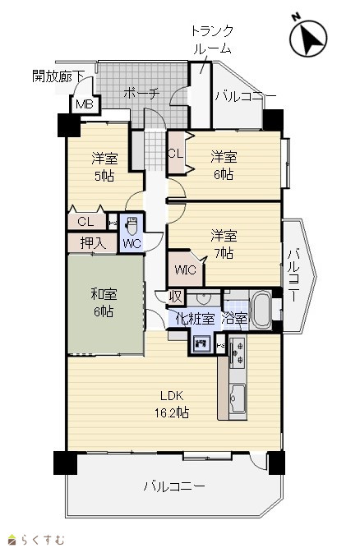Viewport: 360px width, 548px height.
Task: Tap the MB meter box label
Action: (85, 104)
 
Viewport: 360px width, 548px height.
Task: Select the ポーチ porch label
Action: (141, 94)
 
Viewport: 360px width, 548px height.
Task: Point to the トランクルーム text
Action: (212, 39)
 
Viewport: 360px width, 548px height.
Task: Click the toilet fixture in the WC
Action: (132, 226)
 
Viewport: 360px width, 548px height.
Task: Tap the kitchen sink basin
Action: (238, 398)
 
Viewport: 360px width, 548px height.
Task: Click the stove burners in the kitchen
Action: (238, 352)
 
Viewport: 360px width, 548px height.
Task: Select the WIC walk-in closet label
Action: (185, 269)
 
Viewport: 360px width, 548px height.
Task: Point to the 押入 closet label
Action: (93, 242)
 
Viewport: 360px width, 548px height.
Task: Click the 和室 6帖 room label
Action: (104, 302)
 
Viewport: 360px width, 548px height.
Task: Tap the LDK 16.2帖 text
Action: (172, 404)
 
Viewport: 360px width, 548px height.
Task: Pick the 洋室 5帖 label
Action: (104, 167)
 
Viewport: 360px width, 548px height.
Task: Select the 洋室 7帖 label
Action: (224, 244)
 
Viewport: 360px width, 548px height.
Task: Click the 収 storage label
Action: (175, 297)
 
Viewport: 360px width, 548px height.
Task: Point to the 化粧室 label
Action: (195, 319)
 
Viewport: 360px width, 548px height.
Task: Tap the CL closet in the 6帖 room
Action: (176, 154)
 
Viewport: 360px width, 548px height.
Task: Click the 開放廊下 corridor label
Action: (58, 76)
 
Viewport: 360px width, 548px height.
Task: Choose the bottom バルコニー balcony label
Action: (174, 486)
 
